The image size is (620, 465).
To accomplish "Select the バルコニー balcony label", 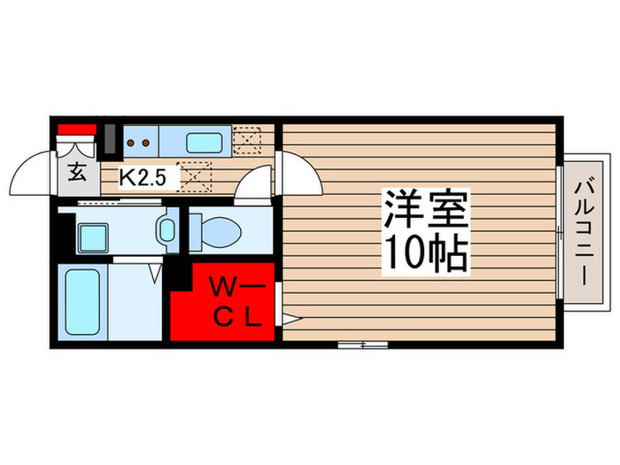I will coord(585,232).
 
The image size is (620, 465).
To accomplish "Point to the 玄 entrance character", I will coord(77,173).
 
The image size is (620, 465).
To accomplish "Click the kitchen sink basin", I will coord(206,141).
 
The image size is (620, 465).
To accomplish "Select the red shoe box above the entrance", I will coord(76,130).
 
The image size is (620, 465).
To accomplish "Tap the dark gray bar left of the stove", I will coord(110,140).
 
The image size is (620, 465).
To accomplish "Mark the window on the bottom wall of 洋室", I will coord(362,343).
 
